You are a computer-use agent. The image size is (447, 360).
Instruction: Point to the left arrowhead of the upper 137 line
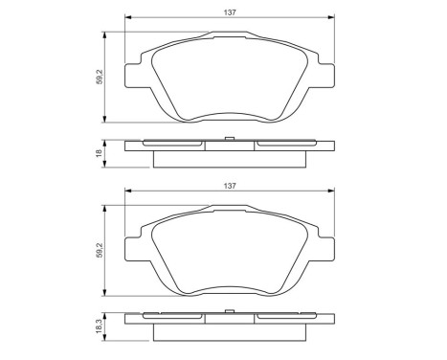128,19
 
